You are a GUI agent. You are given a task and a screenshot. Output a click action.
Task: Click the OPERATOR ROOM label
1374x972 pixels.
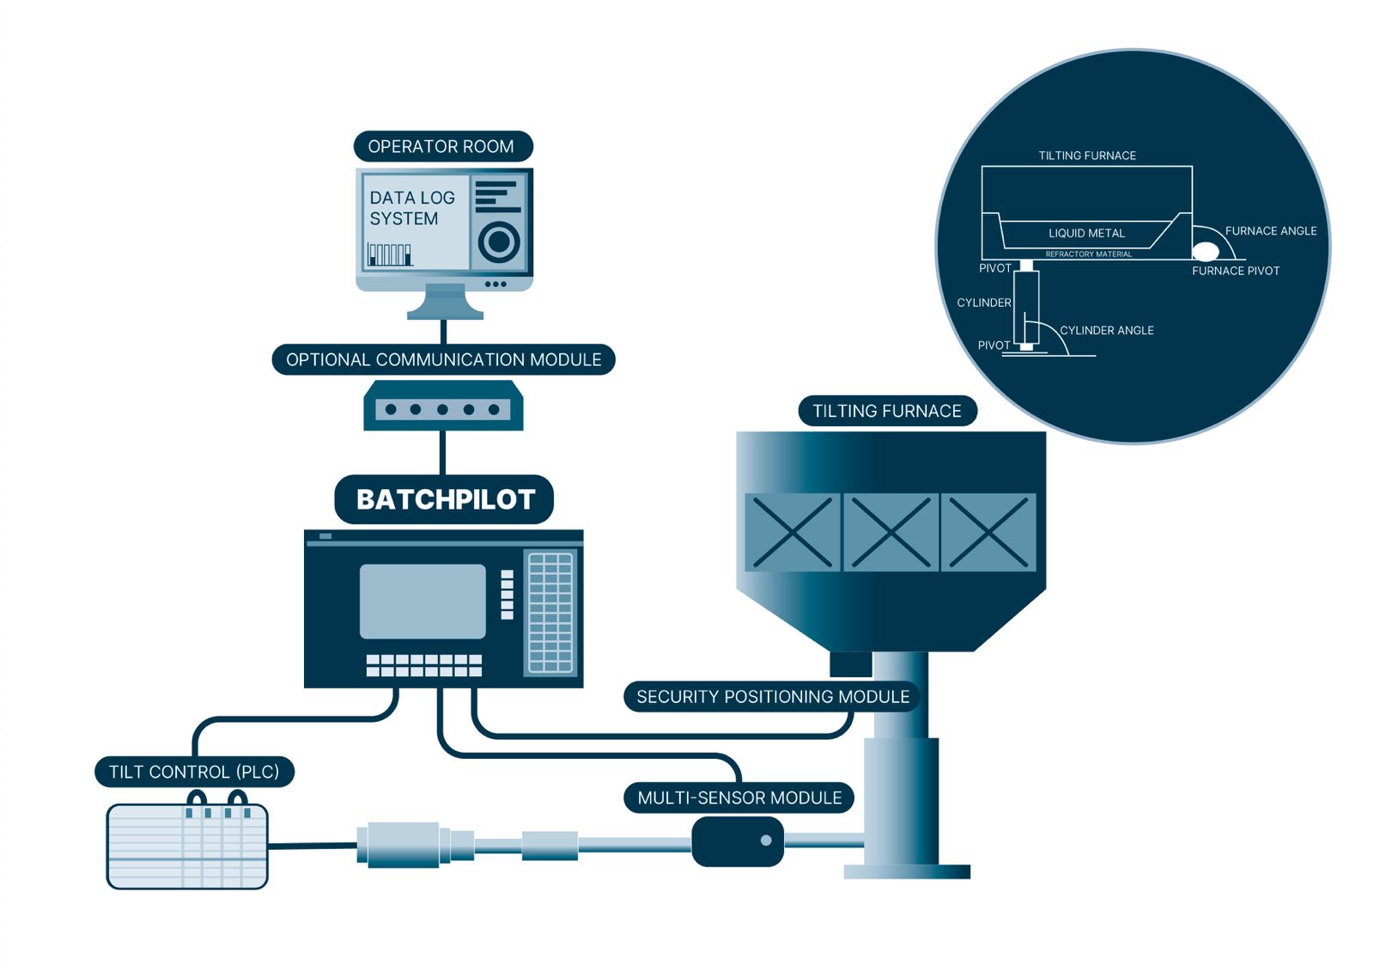tap(441, 147)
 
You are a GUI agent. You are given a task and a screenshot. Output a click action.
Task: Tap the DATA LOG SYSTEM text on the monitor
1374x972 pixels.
tap(411, 208)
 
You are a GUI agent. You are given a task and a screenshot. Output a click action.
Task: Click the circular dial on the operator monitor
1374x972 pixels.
tap(498, 241)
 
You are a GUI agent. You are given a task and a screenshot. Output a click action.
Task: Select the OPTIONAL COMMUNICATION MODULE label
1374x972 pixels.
tap(443, 359)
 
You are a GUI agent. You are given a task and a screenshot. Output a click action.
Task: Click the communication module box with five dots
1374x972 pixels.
tap(443, 408)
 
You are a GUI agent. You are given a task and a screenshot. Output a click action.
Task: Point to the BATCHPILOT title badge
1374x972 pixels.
tap(445, 499)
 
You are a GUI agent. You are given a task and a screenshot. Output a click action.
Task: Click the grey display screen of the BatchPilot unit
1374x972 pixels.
tap(423, 601)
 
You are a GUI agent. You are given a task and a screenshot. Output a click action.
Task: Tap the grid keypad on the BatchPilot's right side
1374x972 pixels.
tap(550, 612)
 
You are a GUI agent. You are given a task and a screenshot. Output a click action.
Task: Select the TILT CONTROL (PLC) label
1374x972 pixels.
tap(194, 772)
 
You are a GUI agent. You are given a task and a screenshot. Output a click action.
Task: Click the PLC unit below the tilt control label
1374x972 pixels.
tap(187, 846)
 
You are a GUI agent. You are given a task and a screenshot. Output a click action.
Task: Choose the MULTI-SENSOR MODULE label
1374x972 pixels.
tap(739, 798)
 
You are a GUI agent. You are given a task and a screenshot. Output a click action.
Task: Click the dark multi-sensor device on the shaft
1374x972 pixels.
tap(738, 841)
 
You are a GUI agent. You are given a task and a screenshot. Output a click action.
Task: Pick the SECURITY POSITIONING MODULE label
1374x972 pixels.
tap(772, 696)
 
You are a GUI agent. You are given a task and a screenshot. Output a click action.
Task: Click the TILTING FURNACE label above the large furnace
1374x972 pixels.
tap(887, 411)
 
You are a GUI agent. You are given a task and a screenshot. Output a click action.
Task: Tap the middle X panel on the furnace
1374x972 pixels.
tap(891, 532)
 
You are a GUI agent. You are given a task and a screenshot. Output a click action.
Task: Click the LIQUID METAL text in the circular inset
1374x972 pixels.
tap(1086, 233)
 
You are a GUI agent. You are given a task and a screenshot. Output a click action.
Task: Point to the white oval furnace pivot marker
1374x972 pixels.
tap(1206, 251)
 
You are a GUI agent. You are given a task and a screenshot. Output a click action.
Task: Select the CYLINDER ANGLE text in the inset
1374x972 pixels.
tap(1107, 330)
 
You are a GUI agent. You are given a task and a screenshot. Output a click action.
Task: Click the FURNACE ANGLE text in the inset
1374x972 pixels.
tap(1271, 230)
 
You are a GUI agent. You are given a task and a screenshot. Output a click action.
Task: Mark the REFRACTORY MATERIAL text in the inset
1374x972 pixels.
tap(1088, 254)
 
